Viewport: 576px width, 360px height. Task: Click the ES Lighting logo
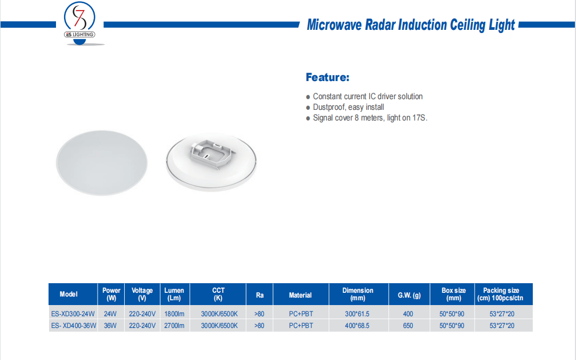click(79, 23)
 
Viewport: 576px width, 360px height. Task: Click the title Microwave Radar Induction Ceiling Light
click(411, 25)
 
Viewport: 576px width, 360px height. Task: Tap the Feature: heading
click(327, 77)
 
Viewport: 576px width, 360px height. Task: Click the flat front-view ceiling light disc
click(102, 163)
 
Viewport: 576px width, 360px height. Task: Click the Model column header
click(69, 294)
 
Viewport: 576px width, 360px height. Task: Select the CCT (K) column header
click(218, 294)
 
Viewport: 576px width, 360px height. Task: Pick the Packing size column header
click(500, 294)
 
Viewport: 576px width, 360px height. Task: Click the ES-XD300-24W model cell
click(73, 314)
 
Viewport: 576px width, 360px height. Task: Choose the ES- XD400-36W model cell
click(74, 325)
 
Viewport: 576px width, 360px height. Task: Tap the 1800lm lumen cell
click(174, 314)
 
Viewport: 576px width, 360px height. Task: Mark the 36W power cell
click(110, 325)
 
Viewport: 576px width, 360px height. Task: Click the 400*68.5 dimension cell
click(357, 325)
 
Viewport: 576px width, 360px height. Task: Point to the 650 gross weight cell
click(408, 325)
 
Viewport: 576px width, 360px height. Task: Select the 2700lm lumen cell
click(174, 325)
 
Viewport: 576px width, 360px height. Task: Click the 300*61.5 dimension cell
click(357, 314)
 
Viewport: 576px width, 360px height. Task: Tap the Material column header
click(300, 295)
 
